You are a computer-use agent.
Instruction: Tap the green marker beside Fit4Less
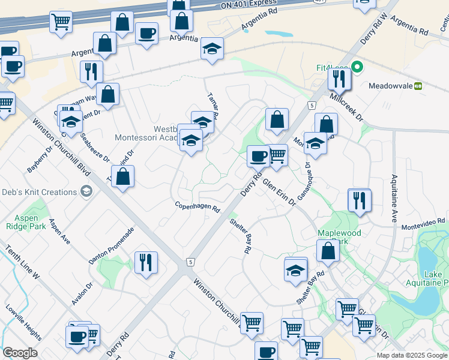point(357,67)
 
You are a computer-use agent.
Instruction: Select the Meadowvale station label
point(391,86)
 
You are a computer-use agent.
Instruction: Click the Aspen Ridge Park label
point(26,222)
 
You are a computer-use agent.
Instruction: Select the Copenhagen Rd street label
point(198,208)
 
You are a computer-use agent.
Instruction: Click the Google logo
point(19,353)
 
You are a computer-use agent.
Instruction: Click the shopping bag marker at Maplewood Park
point(328,251)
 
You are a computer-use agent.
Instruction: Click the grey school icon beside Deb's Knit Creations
point(86,192)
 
